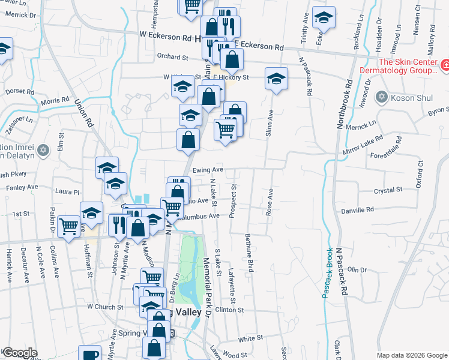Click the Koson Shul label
(412, 97)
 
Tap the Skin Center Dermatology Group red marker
(445, 65)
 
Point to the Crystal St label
(387, 190)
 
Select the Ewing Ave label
(208, 170)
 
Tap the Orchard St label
(173, 57)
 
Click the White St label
(247, 339)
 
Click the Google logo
(19, 353)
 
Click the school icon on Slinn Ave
(277, 79)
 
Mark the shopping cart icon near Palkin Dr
(70, 227)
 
